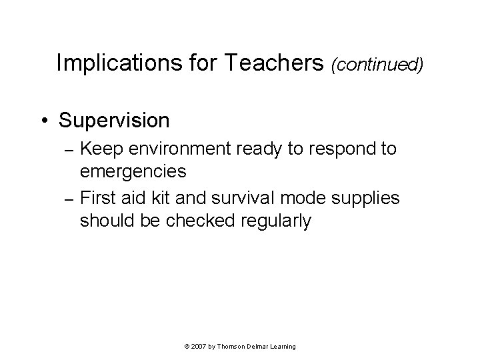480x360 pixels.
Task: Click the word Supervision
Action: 113,121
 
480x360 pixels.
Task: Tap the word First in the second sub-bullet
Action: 98,198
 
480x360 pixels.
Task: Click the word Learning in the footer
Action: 283,347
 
